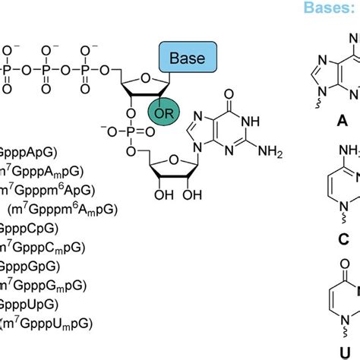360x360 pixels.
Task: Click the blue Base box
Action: pos(188,58)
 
